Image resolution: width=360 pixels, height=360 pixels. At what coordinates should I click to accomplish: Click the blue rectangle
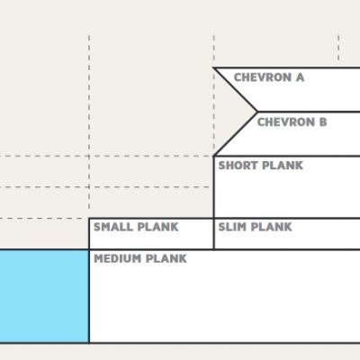pyautogui.click(x=44, y=296)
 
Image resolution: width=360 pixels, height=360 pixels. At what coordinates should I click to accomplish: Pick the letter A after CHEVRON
pyautogui.click(x=300, y=77)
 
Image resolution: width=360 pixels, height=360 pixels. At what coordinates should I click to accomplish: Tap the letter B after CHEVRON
pyautogui.click(x=323, y=122)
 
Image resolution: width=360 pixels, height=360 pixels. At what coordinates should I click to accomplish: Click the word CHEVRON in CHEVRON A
pyautogui.click(x=263, y=77)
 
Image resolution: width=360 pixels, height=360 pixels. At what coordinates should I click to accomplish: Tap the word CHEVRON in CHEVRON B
pyautogui.click(x=286, y=122)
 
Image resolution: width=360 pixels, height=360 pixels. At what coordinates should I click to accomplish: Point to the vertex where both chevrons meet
pyautogui.click(x=257, y=112)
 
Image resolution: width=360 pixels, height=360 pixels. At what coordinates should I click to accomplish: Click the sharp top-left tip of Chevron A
pyautogui.click(x=213, y=67)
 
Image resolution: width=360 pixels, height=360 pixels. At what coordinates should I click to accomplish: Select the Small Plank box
pyautogui.click(x=151, y=234)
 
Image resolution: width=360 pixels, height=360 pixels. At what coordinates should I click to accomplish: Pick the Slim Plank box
pyautogui.click(x=287, y=234)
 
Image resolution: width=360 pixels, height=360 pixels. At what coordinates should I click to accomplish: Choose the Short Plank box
pyautogui.click(x=287, y=187)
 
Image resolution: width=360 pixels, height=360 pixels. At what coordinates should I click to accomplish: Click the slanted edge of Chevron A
pyautogui.click(x=235, y=90)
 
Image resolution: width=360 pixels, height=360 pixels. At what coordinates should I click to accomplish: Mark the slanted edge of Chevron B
pyautogui.click(x=235, y=134)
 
